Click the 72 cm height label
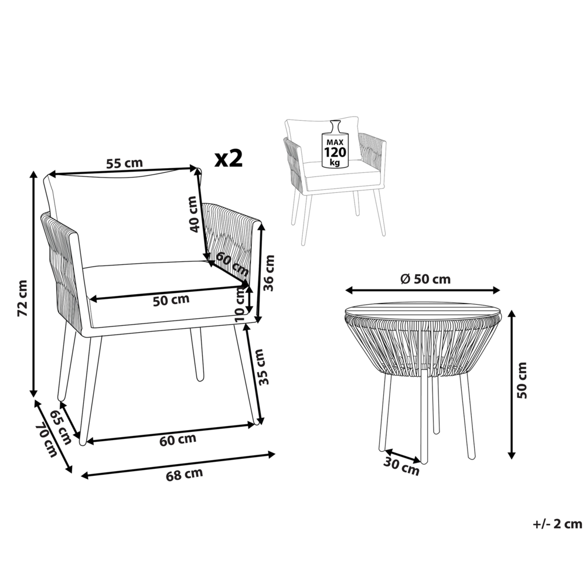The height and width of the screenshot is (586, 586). [x=22, y=298]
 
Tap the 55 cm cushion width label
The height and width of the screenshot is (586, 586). [x=124, y=163]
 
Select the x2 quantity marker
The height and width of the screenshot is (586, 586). [x=229, y=158]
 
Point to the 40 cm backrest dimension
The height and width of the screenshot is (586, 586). [x=194, y=214]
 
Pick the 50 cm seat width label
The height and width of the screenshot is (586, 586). [x=171, y=299]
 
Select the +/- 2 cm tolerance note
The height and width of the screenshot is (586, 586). [x=557, y=523]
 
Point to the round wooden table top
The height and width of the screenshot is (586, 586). [x=423, y=311]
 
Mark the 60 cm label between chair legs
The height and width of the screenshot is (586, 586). [x=178, y=438]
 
